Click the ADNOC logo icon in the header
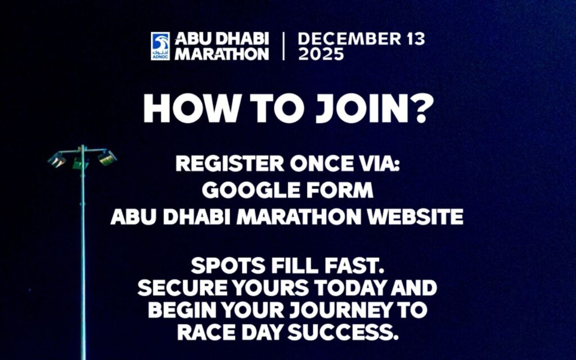[x=160, y=46]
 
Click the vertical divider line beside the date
[x=283, y=47]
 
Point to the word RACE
[x=206, y=332]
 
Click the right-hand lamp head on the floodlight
[x=107, y=157]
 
